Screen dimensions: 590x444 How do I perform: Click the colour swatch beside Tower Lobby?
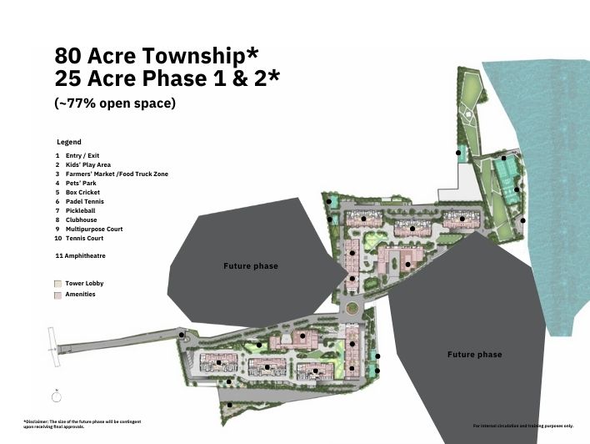(57, 284)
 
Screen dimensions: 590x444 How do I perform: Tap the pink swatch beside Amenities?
(57, 295)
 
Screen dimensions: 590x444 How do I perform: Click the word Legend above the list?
(69, 142)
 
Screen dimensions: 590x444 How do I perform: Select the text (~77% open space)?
(115, 103)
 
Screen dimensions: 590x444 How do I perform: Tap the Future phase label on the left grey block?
(251, 266)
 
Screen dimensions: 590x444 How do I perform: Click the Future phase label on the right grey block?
(474, 355)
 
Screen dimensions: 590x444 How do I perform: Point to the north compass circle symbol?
(57, 397)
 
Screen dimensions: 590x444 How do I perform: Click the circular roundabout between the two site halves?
(352, 308)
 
